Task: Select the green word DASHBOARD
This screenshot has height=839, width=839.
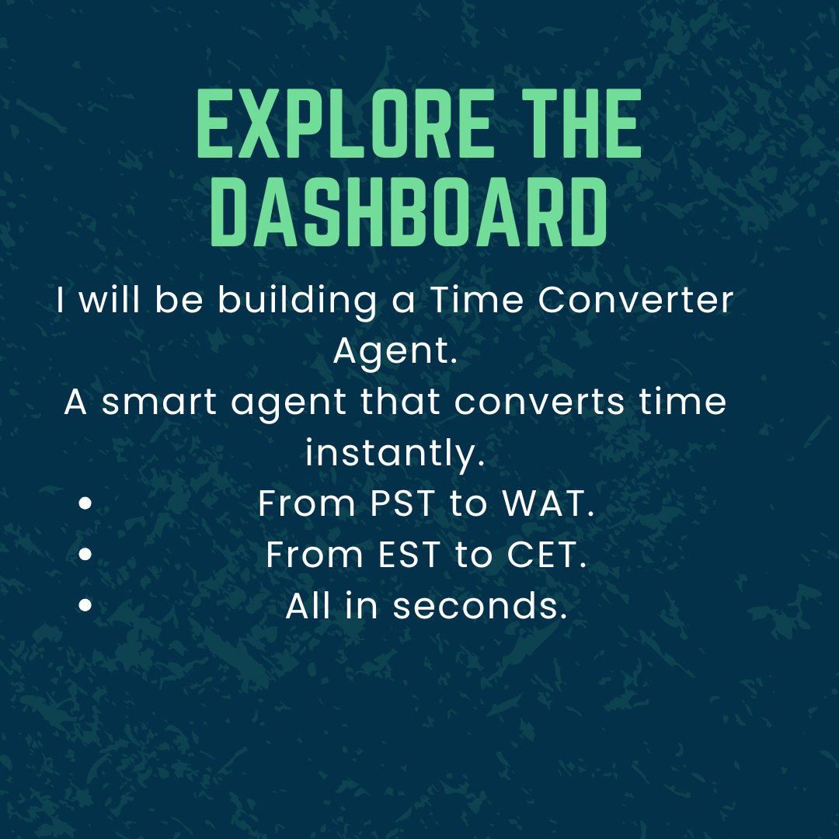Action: coord(409,212)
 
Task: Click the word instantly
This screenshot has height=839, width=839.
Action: coord(395,454)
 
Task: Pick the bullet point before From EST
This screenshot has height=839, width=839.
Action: coord(86,555)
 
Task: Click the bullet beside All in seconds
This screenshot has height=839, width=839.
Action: coord(86,606)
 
